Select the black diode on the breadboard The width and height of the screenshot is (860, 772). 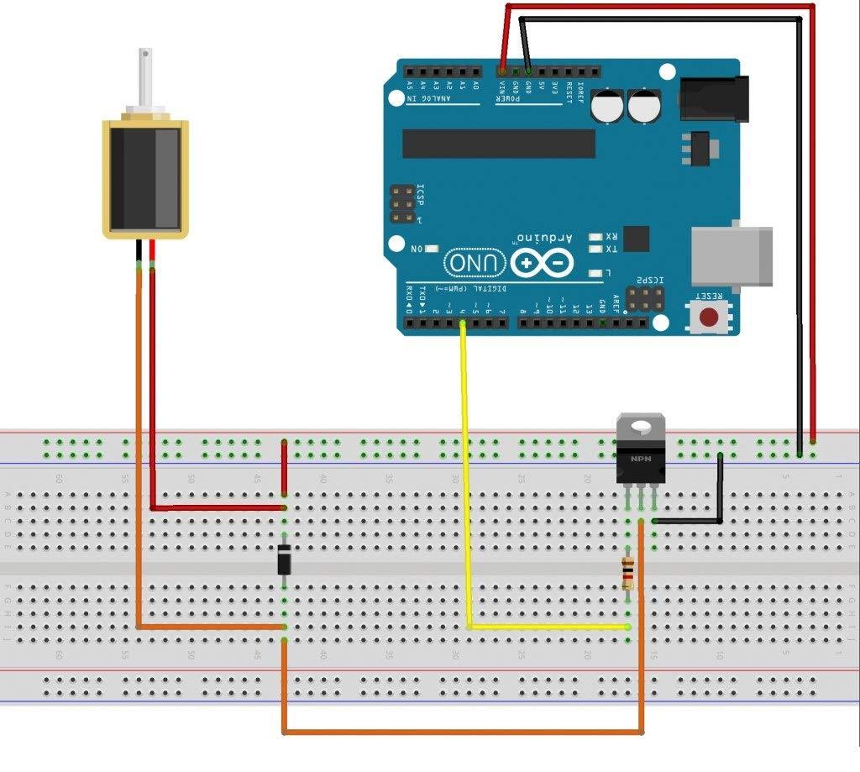[x=285, y=559]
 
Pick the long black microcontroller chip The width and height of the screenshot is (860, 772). [x=498, y=144]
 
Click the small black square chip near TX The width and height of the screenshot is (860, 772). [x=637, y=239]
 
